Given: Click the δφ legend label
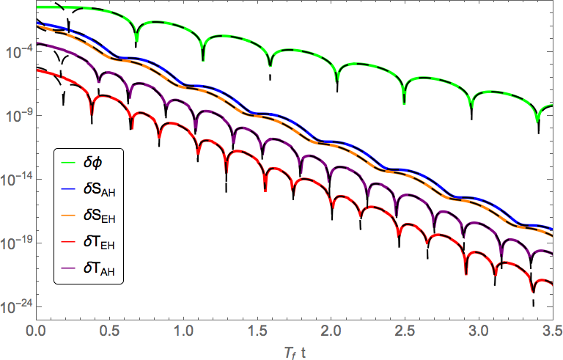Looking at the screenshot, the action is tap(92, 163).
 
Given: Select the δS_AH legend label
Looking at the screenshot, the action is tap(100, 189).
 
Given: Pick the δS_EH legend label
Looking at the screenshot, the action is tap(100, 216).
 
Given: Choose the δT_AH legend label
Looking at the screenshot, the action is tap(99, 269).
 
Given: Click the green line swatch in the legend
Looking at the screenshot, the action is tap(68, 162).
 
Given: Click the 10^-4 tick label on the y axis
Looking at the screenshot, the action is tap(18, 53).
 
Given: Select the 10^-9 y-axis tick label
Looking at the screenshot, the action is tap(18, 116).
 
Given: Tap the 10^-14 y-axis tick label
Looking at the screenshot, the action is tap(16, 180).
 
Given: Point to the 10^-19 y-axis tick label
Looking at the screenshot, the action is tap(16, 243).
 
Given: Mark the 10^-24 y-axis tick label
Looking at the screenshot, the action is tap(16, 306).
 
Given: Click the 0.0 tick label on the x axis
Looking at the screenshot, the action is tap(36, 330).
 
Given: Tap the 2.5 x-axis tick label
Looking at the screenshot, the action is tap(405, 330).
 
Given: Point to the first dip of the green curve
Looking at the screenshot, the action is tap(136, 40).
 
